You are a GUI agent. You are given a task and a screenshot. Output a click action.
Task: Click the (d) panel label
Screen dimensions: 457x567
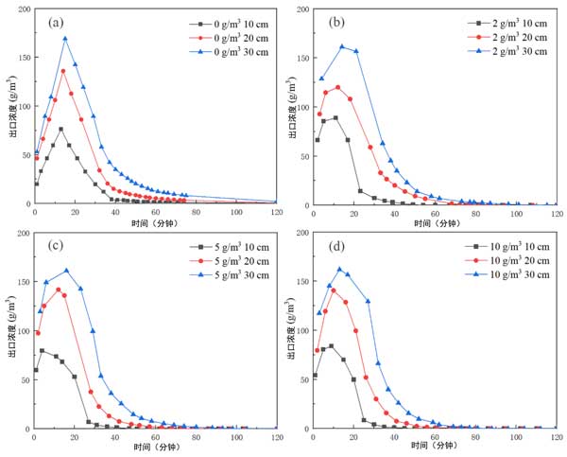click(x=334, y=248)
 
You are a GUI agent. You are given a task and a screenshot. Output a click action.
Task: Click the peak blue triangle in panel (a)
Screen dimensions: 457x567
click(x=65, y=39)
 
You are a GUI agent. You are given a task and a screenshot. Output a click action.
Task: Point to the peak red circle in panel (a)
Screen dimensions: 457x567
click(x=63, y=71)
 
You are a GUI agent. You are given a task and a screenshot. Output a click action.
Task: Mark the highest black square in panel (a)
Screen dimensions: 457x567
click(x=60, y=129)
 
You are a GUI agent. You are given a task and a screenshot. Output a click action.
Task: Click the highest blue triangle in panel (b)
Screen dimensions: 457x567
click(x=342, y=46)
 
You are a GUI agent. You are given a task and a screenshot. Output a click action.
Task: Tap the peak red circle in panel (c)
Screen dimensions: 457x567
click(x=59, y=290)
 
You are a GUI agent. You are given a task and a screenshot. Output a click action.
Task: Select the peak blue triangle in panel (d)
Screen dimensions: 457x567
click(x=339, y=270)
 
